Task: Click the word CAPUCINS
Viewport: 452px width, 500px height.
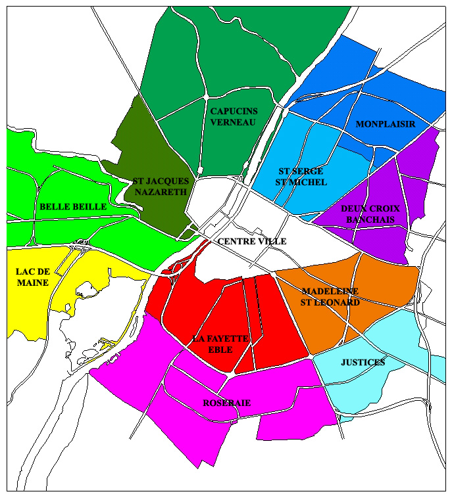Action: pos(234,111)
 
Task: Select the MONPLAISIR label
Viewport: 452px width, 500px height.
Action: pos(385,124)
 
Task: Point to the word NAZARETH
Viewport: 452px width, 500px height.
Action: pos(161,192)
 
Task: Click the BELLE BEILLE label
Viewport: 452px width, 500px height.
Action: pos(73,206)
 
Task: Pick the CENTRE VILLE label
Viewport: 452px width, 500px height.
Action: pos(251,242)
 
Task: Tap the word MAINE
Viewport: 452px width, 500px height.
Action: pos(26,283)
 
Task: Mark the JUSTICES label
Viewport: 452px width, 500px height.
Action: pos(363,363)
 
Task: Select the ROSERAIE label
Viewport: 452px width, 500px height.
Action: pos(226,403)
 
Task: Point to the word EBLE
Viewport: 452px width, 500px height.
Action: pos(220,350)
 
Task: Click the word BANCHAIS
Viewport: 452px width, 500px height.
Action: pos(370,219)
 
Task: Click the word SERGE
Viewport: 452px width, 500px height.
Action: pos(308,171)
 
